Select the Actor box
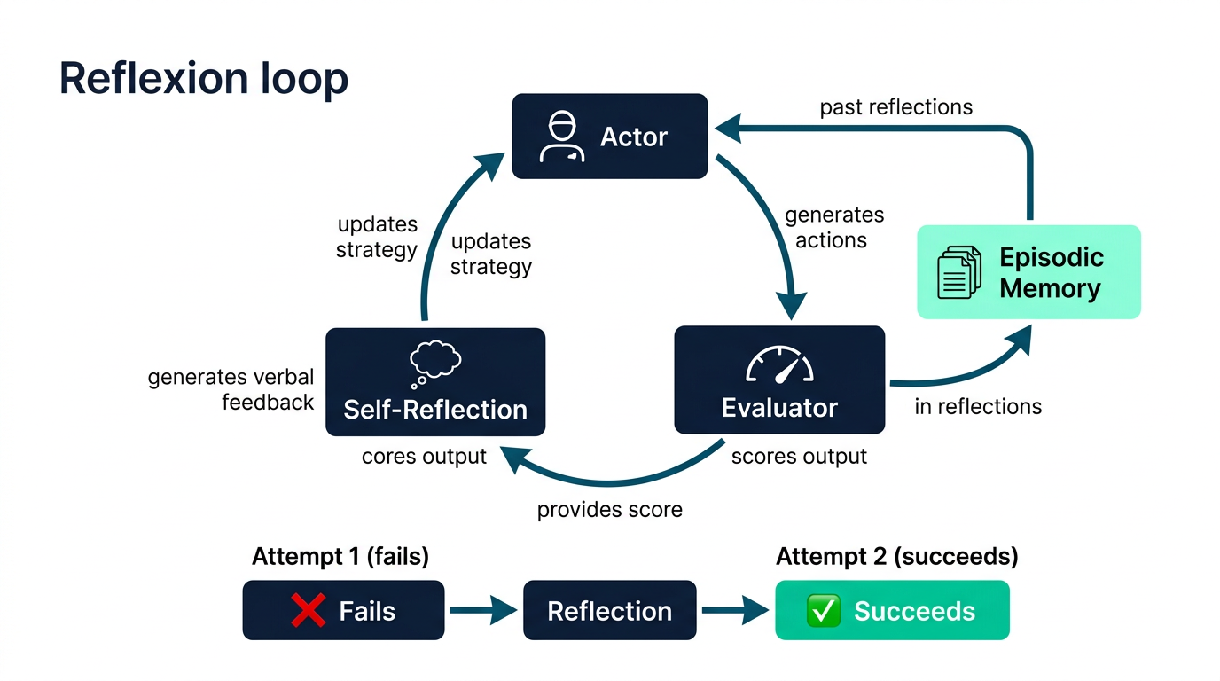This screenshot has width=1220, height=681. (x=610, y=137)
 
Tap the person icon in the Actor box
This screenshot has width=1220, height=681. (x=562, y=137)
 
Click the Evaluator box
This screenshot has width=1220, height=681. (x=779, y=380)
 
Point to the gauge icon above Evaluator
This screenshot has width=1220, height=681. (x=779, y=364)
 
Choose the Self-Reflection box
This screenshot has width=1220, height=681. (x=435, y=381)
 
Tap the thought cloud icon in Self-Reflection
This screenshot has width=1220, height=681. (x=434, y=364)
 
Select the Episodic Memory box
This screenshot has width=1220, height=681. (x=1028, y=272)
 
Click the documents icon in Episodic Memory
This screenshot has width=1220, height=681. (x=959, y=272)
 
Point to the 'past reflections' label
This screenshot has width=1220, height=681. (x=895, y=107)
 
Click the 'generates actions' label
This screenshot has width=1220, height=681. (x=833, y=228)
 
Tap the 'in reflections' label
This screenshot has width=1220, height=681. (x=978, y=406)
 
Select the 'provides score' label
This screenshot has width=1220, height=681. (x=609, y=510)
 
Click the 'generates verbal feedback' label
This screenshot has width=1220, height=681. (x=231, y=389)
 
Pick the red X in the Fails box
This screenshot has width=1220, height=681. (x=309, y=610)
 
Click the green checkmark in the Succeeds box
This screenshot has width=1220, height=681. (x=823, y=610)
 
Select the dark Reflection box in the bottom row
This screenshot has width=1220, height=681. (x=609, y=610)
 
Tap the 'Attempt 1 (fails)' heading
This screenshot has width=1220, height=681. (x=340, y=557)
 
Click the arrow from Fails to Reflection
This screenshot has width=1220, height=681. (x=483, y=610)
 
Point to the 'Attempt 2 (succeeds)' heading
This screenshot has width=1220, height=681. (x=897, y=557)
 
